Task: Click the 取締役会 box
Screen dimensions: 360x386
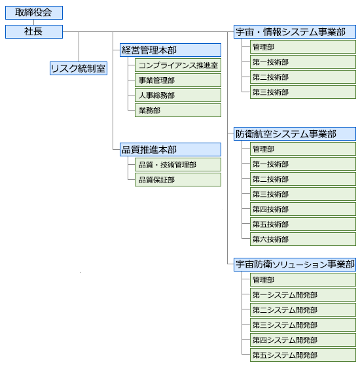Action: (34, 13)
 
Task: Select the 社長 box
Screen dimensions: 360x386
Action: (34, 32)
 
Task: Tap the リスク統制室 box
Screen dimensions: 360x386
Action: (79, 69)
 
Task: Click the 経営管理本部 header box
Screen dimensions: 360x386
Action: (170, 50)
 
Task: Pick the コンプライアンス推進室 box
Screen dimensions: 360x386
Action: (178, 65)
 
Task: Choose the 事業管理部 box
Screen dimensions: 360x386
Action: (178, 80)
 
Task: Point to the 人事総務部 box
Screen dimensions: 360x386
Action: (178, 96)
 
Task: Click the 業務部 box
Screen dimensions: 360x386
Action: (178, 111)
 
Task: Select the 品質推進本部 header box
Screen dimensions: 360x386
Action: (170, 150)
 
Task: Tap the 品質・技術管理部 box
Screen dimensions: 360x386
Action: (178, 165)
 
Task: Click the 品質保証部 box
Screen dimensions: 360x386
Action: (178, 180)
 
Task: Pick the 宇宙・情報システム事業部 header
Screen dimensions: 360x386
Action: (295, 32)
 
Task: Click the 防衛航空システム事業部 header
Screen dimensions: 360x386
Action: (295, 134)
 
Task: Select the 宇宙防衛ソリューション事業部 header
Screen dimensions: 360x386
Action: (295, 264)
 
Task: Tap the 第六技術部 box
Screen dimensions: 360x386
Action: (303, 239)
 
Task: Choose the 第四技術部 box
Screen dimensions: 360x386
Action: (303, 209)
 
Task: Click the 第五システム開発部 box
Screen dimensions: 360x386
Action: (303, 355)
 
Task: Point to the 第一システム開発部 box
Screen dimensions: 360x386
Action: (303, 295)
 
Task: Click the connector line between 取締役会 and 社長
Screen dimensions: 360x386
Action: (34, 22)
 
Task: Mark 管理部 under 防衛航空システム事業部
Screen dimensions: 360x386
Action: (303, 149)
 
